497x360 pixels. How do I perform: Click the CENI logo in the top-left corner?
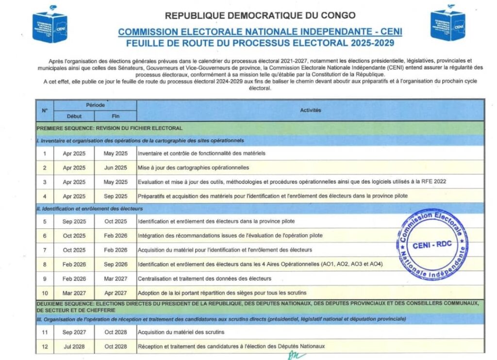pyautogui.click(x=50, y=24)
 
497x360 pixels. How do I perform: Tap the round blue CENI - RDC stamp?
pyautogui.click(x=431, y=244)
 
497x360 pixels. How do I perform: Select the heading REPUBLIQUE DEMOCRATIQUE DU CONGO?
pyautogui.click(x=260, y=16)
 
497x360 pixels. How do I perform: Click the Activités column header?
pyautogui.click(x=310, y=110)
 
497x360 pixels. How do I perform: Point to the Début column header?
pyautogui.click(x=74, y=116)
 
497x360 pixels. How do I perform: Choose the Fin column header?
pyautogui.click(x=116, y=116)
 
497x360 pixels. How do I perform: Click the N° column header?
pyautogui.click(x=45, y=110)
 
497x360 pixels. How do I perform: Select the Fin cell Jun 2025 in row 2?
pyautogui.click(x=116, y=168)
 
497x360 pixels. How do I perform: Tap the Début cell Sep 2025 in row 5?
pyautogui.click(x=74, y=222)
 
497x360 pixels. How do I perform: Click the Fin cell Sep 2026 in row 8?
pyautogui.click(x=116, y=264)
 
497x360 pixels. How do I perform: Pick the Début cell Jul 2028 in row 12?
pyautogui.click(x=74, y=346)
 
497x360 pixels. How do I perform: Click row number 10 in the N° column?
pyautogui.click(x=45, y=293)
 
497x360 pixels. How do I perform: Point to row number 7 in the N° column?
pyautogui.click(x=45, y=250)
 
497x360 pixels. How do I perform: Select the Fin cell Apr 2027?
pyautogui.click(x=116, y=293)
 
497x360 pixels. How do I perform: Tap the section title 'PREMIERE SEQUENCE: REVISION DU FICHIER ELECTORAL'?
pyautogui.click(x=110, y=128)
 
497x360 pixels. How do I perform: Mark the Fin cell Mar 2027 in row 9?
pyautogui.click(x=116, y=279)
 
